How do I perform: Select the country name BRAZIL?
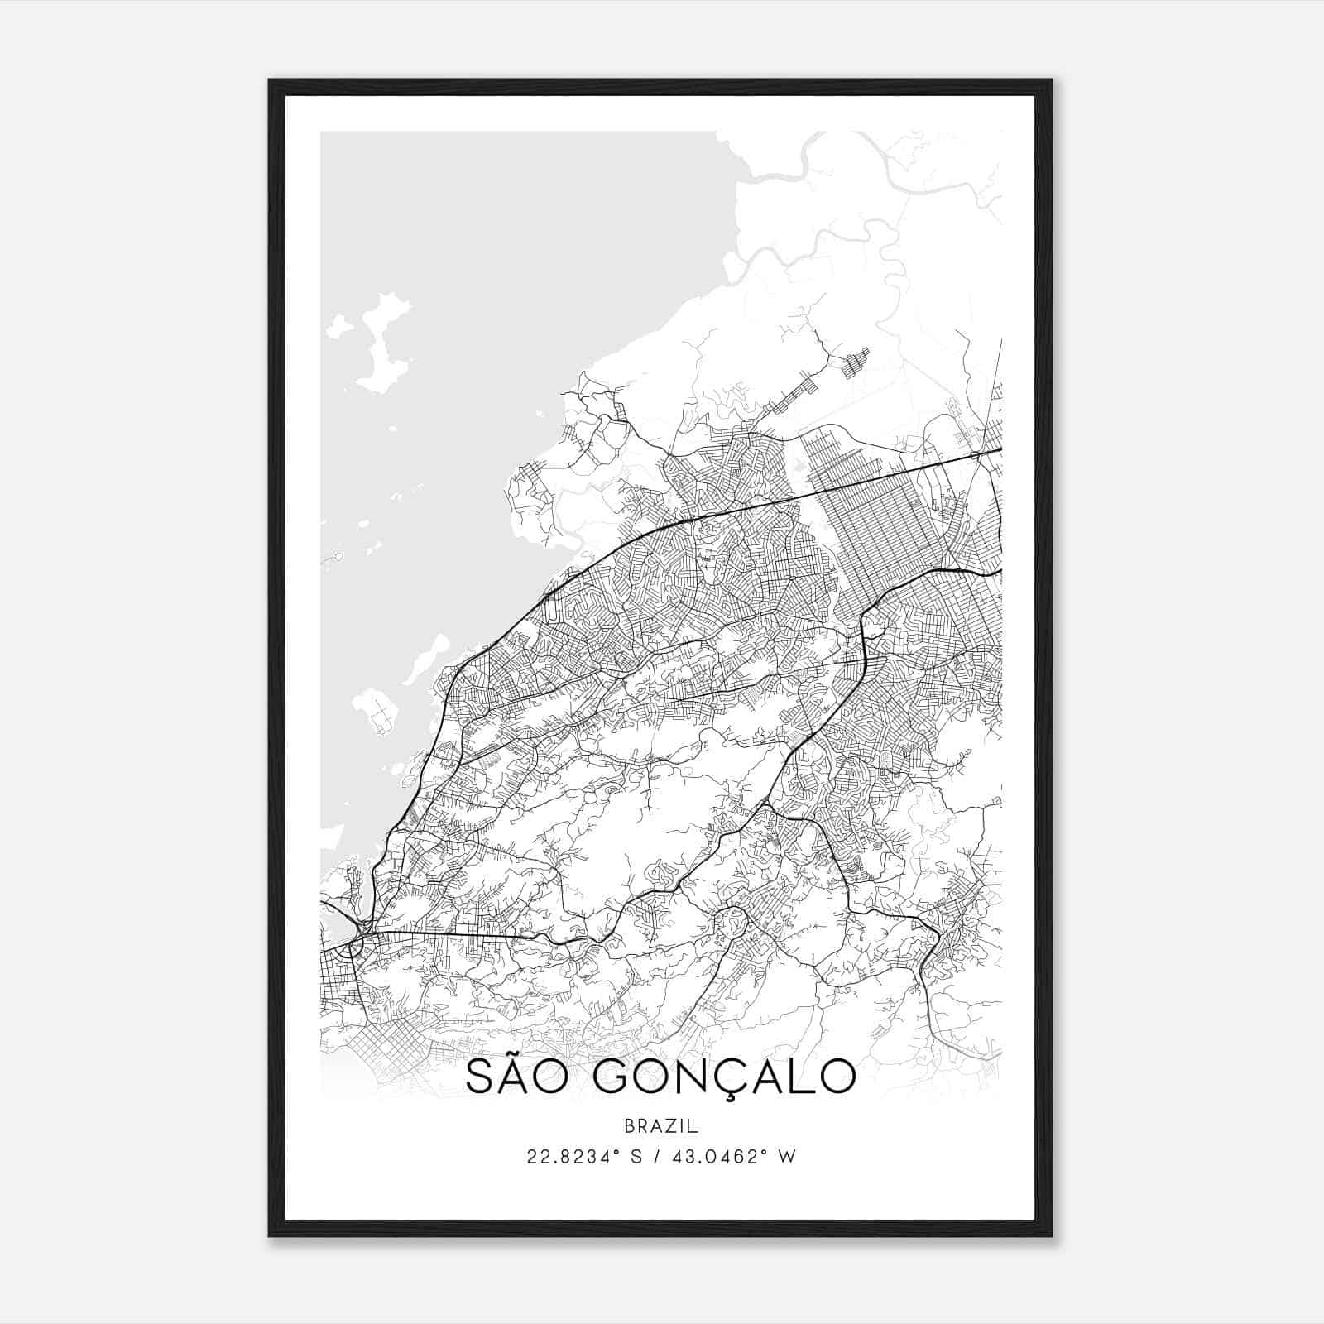click(x=661, y=1125)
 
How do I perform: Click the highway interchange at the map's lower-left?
click(x=357, y=943)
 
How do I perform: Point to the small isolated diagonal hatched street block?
click(x=856, y=362)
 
